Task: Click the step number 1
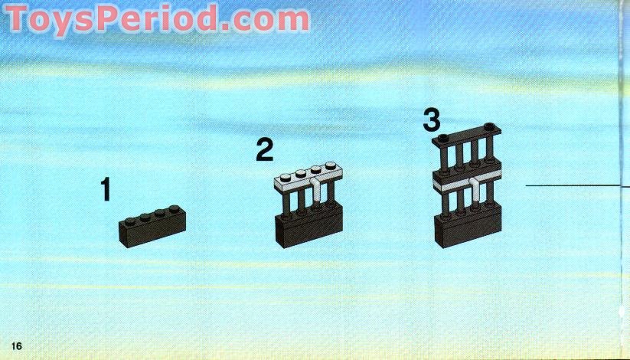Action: pyautogui.click(x=106, y=189)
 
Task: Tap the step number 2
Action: pyautogui.click(x=264, y=149)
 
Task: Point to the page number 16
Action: pyautogui.click(x=17, y=346)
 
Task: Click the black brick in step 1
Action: pyautogui.click(x=152, y=227)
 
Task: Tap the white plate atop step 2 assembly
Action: pyautogui.click(x=308, y=178)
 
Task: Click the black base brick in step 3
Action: pyautogui.click(x=468, y=227)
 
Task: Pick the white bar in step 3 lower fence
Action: pyautogui.click(x=475, y=189)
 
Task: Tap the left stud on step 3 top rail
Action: pyautogui.click(x=443, y=138)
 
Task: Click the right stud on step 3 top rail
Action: pyautogui.click(x=489, y=126)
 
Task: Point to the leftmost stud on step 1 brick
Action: pyautogui.click(x=130, y=221)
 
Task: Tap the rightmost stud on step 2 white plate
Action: pyautogui.click(x=331, y=165)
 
